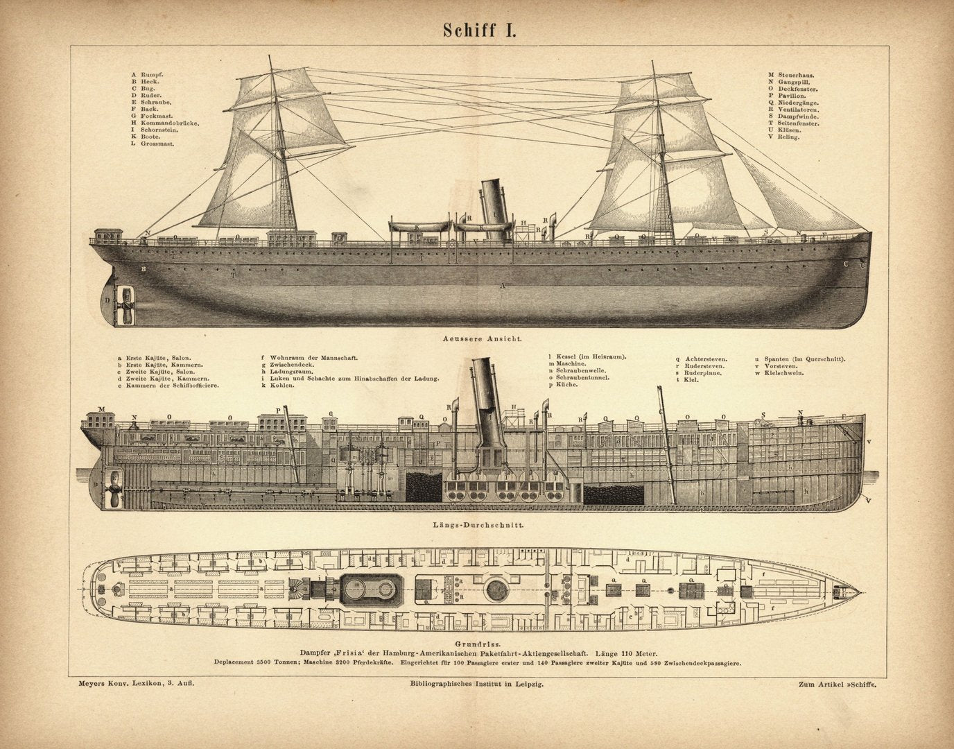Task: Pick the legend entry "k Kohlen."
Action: pos(278,385)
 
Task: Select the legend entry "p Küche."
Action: pos(563,384)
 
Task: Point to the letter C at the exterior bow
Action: pos(846,264)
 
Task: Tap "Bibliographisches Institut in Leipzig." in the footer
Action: pos(476,684)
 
